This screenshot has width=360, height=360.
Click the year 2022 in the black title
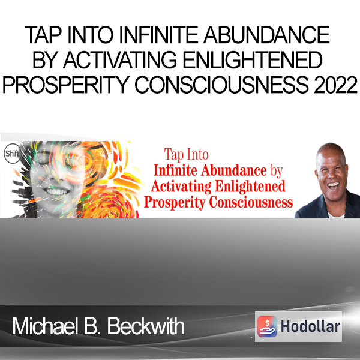[335, 85]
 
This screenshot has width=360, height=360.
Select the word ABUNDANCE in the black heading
[267, 35]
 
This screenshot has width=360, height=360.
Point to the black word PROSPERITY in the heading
[65, 85]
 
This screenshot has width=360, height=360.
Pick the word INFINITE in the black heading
[158, 35]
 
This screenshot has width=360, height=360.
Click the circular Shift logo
[13, 154]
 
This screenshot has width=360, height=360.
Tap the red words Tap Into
[186, 155]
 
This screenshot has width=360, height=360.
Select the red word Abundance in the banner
[234, 170]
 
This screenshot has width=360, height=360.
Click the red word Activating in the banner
[181, 187]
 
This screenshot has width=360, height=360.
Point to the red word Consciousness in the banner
[251, 203]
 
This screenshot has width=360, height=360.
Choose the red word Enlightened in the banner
[250, 186]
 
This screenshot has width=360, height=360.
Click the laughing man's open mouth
[333, 185]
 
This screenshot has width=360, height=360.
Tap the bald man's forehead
[330, 156]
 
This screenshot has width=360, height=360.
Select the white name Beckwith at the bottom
[146, 326]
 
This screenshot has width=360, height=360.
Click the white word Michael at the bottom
[44, 326]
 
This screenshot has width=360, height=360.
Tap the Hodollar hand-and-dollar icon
[267, 326]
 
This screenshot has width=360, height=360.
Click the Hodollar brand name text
[310, 326]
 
